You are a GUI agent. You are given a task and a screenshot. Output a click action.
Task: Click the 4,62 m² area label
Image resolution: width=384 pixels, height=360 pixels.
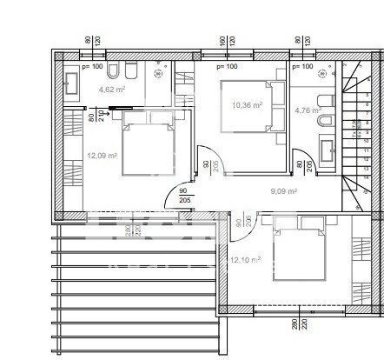[110, 89]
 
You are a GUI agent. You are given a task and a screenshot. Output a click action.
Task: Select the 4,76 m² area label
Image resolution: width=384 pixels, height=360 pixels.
[308, 110]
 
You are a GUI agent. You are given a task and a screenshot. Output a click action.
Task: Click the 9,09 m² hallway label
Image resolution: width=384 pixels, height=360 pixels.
[284, 191]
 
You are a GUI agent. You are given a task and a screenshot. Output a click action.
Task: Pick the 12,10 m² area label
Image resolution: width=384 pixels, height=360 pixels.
[245, 259]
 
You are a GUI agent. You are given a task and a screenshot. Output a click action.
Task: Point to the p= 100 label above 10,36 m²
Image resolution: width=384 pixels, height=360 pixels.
[226, 66]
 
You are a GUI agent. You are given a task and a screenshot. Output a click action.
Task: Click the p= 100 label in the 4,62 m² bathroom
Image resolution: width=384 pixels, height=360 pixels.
[92, 66]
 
